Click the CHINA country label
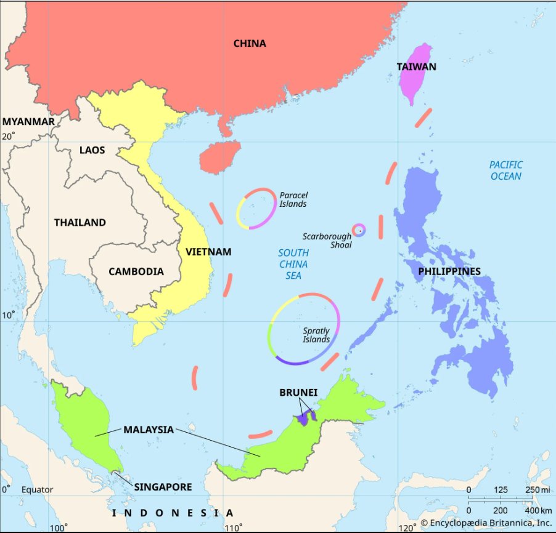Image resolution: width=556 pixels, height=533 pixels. tap(250, 43)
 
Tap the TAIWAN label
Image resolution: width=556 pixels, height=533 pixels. tap(417, 66)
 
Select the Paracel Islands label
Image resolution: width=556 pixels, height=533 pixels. tap(293, 199)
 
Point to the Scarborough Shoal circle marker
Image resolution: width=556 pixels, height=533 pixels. tap(359, 231)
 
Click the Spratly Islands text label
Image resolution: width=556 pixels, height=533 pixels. tap(316, 335)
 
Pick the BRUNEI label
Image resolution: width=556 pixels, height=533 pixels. tap(298, 392)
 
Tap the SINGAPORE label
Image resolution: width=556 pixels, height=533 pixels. tap(163, 487)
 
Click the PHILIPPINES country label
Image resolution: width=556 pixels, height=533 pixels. tap(449, 271)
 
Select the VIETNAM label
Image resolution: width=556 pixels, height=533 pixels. tap(208, 252)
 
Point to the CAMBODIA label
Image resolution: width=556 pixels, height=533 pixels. tap(136, 271)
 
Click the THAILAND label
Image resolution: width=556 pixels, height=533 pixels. tap(80, 222)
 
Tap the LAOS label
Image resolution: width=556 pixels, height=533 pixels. tap(92, 150)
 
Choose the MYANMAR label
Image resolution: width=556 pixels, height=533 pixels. tap(28, 121)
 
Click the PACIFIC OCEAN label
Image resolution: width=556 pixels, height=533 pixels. tap(506, 170)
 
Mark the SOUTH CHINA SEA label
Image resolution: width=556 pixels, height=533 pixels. tap(293, 263)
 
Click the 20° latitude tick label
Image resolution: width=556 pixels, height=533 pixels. tap(8, 136)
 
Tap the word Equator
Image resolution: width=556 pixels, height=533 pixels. tap(37, 490)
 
